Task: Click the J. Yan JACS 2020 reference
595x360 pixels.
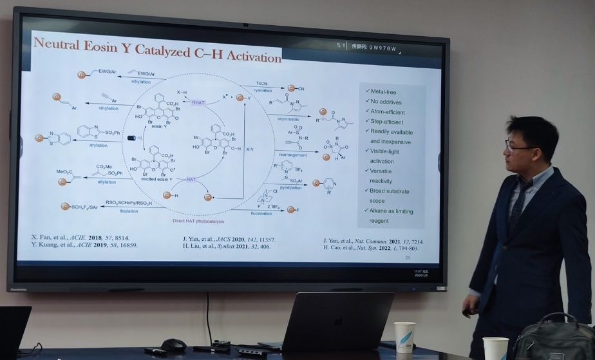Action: [x=229, y=239]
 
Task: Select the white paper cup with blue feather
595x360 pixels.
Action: [x=404, y=336]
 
